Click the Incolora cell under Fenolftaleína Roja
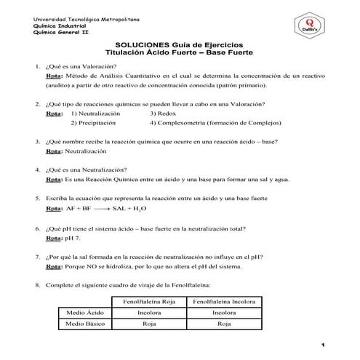click(150, 313)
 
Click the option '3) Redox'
click(163, 113)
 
